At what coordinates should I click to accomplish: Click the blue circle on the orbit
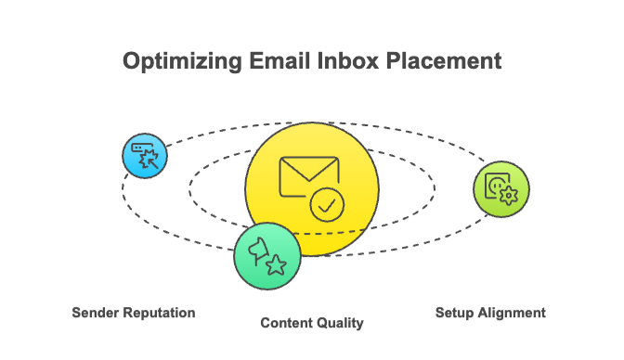(x=146, y=155)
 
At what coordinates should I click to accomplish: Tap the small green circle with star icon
(x=267, y=254)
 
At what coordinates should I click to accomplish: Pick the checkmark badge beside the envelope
(x=325, y=204)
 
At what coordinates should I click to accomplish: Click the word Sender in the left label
(x=96, y=313)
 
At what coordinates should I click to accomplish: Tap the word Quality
(x=341, y=323)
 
